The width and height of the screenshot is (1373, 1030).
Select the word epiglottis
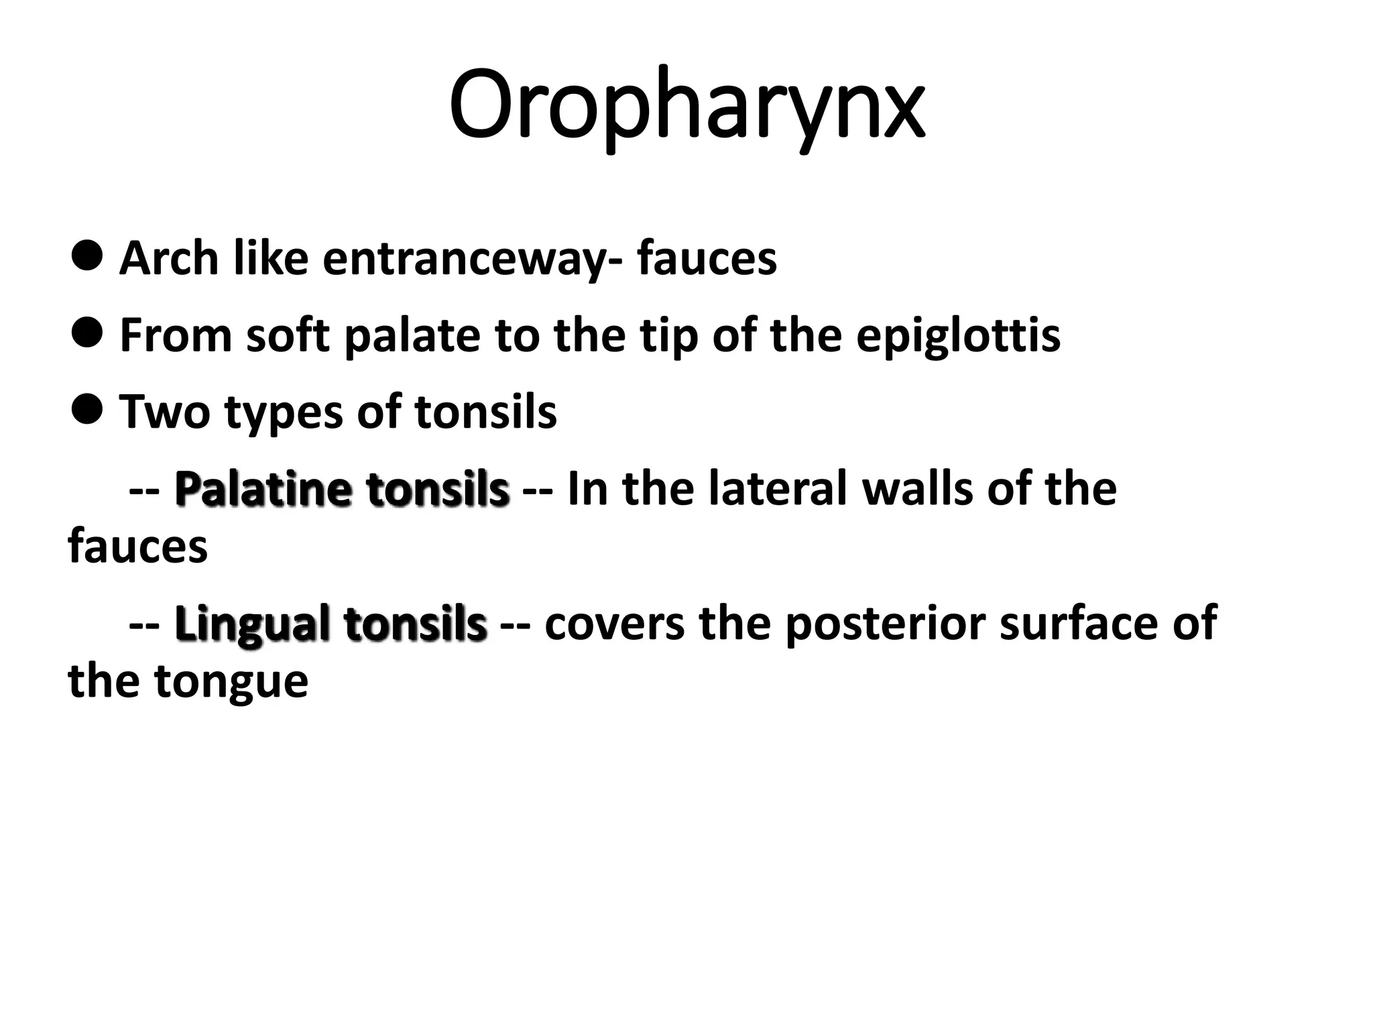click(958, 335)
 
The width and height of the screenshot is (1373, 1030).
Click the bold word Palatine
click(262, 488)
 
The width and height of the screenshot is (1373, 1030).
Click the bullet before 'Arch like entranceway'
click(86, 255)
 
